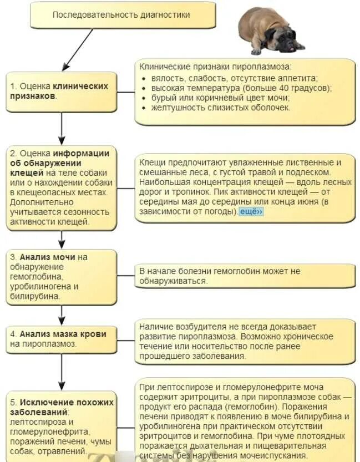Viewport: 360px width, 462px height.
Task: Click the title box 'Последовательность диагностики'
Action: coord(121,15)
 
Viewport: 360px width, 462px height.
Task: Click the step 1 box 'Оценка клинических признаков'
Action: coord(61,91)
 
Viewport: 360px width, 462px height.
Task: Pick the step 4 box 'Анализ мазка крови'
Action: coord(61,339)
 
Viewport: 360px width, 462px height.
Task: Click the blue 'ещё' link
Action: coord(251,212)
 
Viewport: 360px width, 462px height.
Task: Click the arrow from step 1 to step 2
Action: coord(62,128)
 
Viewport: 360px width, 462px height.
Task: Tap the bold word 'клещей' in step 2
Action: coord(24,172)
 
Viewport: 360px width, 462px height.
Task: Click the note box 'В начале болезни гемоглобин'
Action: coord(244,276)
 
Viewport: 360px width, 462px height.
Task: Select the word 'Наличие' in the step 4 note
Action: coord(154,327)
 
